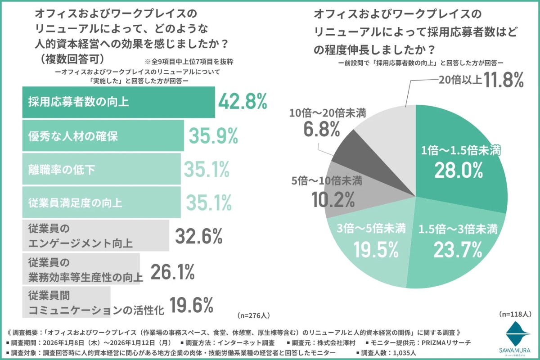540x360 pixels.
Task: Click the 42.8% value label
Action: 243,102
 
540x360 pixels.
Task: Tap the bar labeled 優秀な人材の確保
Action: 103,135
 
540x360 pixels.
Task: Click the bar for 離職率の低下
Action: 101,169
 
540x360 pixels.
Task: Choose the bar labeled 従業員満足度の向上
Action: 101,202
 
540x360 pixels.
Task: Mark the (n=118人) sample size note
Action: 515,314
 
